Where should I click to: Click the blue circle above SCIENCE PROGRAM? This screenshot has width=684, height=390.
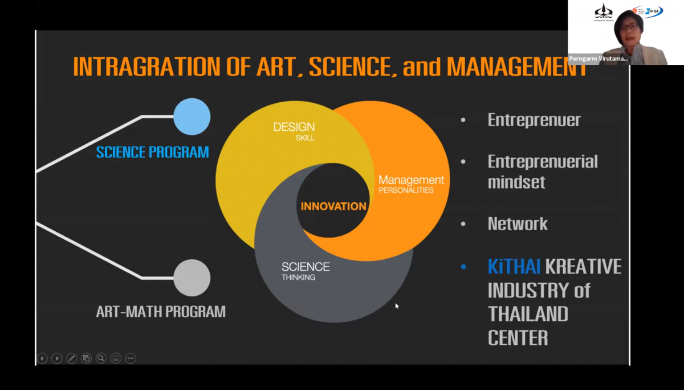click(192, 116)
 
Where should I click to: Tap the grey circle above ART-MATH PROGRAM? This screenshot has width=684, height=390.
click(192, 278)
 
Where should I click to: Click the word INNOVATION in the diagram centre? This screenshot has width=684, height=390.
click(333, 207)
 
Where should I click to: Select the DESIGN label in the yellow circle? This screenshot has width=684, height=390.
click(294, 127)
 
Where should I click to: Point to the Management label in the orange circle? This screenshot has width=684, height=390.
click(411, 180)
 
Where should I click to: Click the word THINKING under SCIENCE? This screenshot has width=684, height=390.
click(298, 278)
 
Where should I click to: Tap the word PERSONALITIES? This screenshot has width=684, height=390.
click(406, 190)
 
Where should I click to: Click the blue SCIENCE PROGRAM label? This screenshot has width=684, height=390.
click(152, 152)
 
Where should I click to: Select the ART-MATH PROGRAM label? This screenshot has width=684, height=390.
click(161, 312)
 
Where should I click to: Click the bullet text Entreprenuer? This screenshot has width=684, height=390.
click(534, 119)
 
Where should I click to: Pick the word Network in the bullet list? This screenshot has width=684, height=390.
click(518, 224)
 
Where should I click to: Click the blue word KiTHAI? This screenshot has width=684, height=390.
click(514, 267)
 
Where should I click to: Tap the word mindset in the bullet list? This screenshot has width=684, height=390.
click(516, 182)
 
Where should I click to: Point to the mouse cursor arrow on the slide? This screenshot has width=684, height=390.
click(397, 306)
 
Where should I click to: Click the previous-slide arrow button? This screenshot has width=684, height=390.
click(42, 358)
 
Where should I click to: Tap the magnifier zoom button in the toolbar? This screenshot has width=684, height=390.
click(101, 358)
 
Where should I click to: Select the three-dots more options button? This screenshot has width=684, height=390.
click(131, 358)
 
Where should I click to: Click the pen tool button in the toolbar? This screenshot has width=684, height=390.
click(71, 358)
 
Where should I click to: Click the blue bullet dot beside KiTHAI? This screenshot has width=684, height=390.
click(463, 267)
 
